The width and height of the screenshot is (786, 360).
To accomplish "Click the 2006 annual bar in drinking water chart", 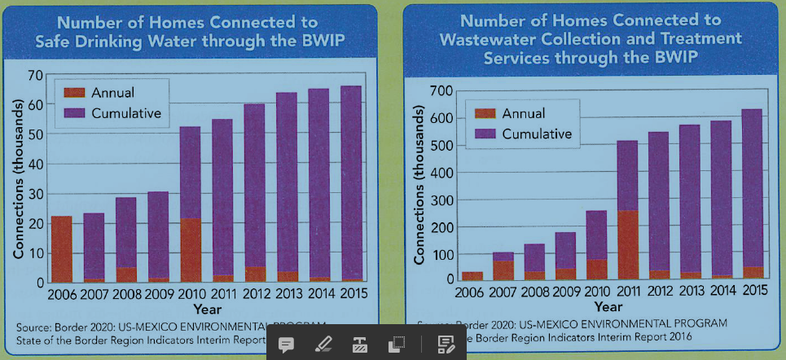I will pyautogui.click(x=61, y=249).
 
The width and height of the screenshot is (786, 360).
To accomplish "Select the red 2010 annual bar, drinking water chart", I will pyautogui.click(x=191, y=250).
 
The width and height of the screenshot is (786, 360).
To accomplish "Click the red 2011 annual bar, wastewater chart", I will pyautogui.click(x=627, y=244).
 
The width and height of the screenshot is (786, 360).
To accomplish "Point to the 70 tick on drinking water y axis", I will pyautogui.click(x=35, y=76).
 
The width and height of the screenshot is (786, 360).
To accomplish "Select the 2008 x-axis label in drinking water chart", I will pyautogui.click(x=126, y=294).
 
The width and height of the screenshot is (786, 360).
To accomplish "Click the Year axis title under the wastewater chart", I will pyautogui.click(x=608, y=307).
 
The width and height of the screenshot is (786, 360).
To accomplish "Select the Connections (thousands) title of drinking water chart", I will pyautogui.click(x=17, y=179).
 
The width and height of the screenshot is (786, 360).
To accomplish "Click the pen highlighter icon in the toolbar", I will pyautogui.click(x=323, y=344).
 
